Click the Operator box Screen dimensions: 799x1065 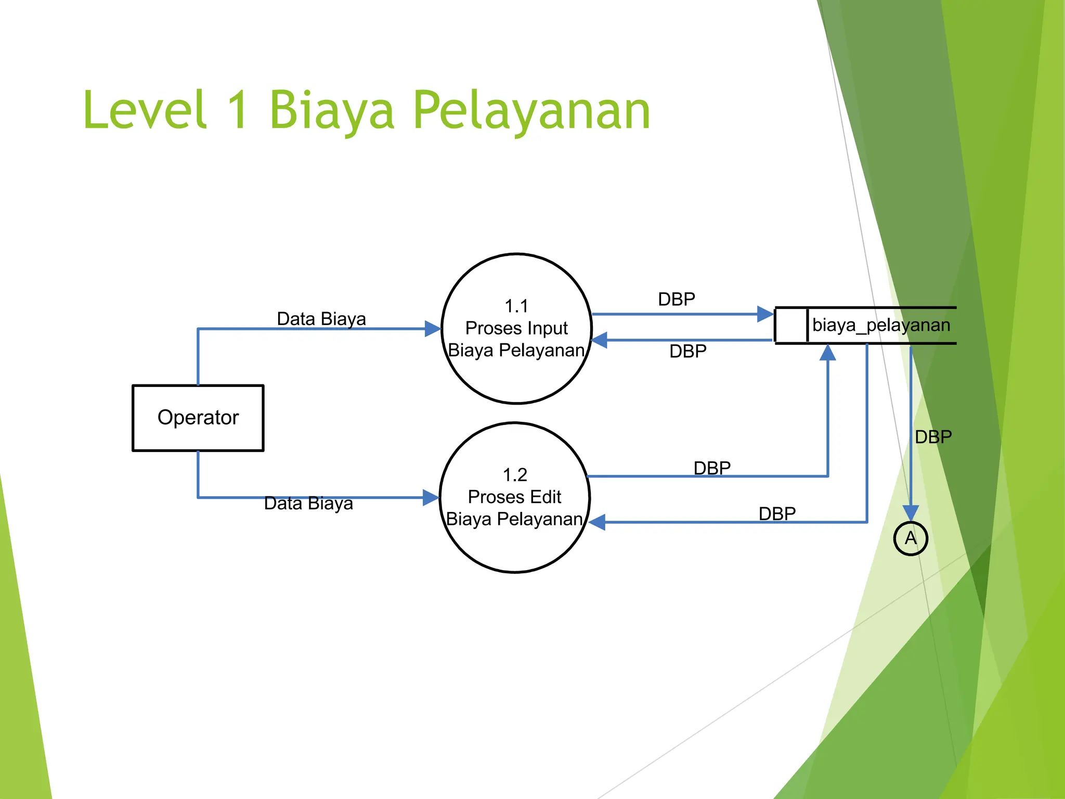point(198,418)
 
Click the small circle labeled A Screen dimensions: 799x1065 point(911,538)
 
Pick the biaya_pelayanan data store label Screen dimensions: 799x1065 point(881,325)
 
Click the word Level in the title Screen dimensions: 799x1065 point(145,110)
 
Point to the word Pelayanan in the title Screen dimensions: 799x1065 point(531,110)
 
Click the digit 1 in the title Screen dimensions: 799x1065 point(238,110)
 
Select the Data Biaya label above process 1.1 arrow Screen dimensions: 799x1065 point(321,318)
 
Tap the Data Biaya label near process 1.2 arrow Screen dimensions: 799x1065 point(308,503)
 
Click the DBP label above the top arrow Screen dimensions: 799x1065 point(676,299)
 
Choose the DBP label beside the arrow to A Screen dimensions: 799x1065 point(933,436)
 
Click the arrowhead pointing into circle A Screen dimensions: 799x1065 point(911,512)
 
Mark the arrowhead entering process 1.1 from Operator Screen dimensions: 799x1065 point(433,329)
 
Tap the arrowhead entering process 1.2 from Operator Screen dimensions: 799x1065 point(431,497)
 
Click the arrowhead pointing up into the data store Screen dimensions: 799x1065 point(827,353)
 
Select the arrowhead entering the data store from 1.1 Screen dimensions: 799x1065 point(765,314)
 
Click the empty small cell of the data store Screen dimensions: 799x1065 point(791,325)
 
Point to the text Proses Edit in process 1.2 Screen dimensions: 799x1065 point(514,497)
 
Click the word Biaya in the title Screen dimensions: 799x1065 point(332,110)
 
